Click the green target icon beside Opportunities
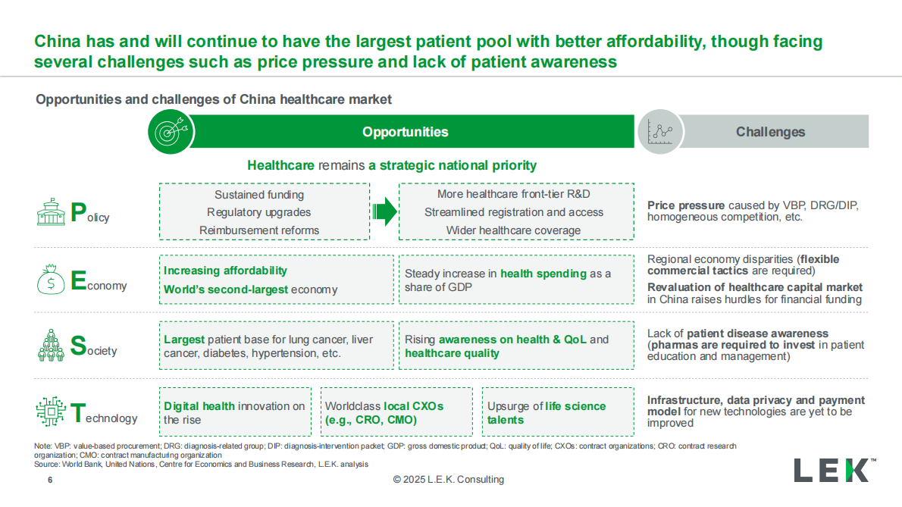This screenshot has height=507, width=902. (x=171, y=132)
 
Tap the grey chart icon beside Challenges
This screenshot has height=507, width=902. (x=659, y=132)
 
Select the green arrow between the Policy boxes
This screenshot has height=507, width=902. (x=384, y=212)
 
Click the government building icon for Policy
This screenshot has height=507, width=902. (x=51, y=213)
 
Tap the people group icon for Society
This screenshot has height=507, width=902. (x=51, y=346)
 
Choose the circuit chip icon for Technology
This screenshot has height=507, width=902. (x=51, y=412)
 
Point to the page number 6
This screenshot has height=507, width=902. (x=50, y=480)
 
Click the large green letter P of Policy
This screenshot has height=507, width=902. (x=78, y=213)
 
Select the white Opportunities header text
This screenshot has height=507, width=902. (x=405, y=132)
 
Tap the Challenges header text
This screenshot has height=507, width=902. (x=770, y=132)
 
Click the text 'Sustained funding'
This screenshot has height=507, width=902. (x=259, y=195)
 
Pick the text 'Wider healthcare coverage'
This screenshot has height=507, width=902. (x=513, y=230)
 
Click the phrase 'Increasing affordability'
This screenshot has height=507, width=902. (x=226, y=271)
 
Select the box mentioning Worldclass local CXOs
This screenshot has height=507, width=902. (x=396, y=412)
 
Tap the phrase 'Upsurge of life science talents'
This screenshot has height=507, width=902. (x=547, y=412)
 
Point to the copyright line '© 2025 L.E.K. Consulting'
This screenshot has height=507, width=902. (x=448, y=480)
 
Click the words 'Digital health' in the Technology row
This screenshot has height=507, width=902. (x=199, y=406)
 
